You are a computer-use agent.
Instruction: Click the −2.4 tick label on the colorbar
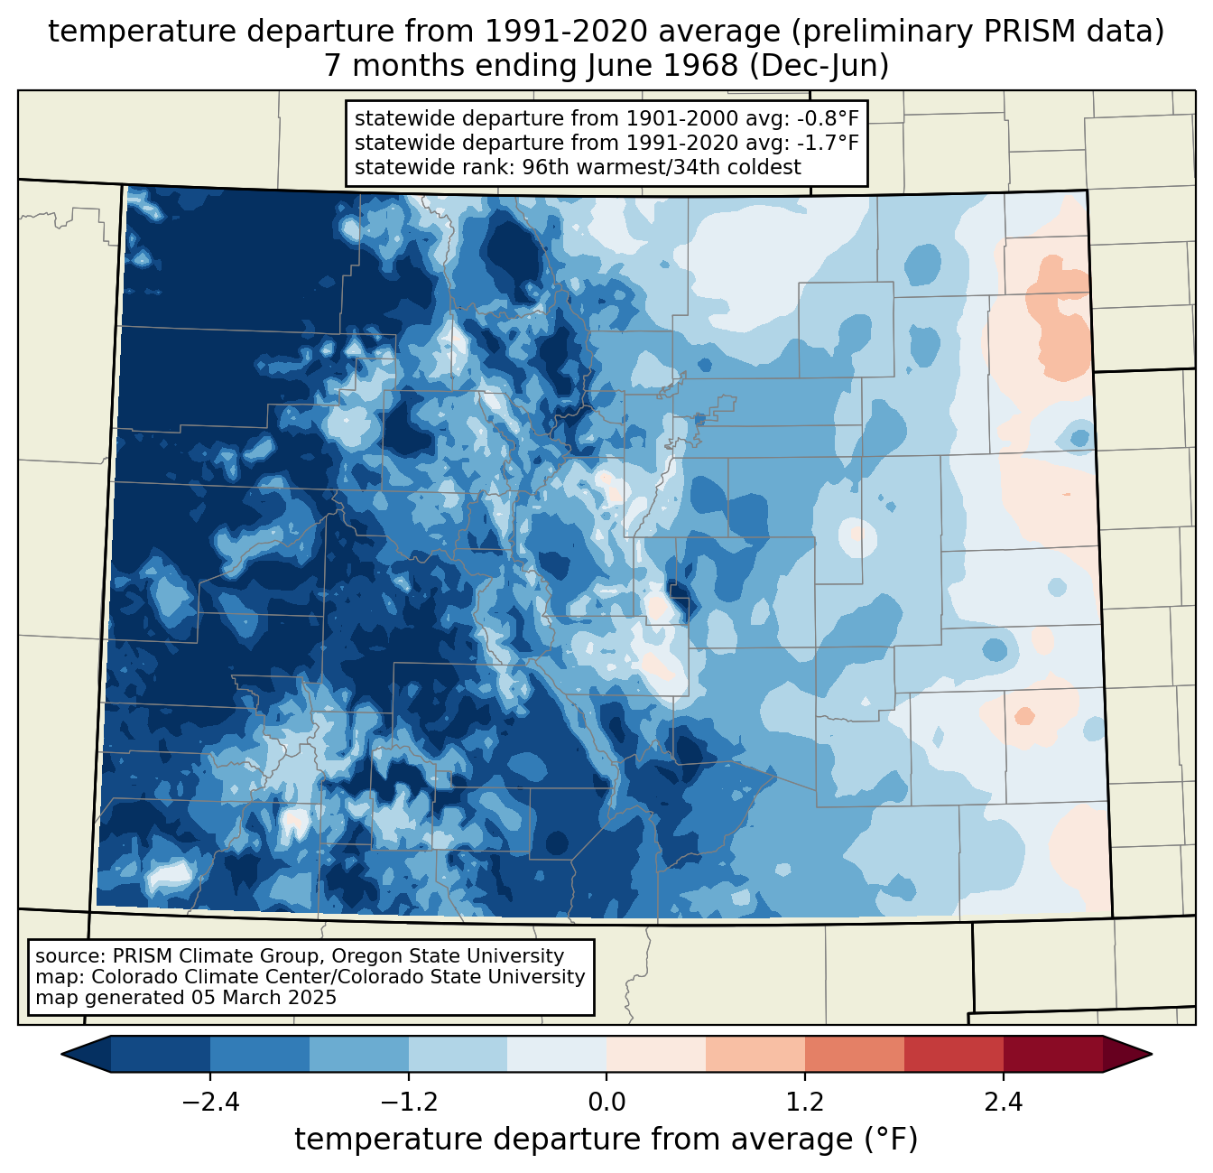(x=210, y=1103)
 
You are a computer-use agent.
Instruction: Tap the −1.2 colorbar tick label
(x=408, y=1103)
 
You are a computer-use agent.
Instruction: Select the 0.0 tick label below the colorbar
(x=606, y=1103)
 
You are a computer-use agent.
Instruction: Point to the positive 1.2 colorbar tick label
(x=805, y=1103)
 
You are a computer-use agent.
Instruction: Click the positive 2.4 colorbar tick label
(x=1004, y=1103)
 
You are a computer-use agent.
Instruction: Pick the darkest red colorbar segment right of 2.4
(x=1052, y=1054)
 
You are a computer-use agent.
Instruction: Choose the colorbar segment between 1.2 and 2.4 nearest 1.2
(x=854, y=1054)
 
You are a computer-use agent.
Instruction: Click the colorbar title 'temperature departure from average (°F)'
(x=606, y=1140)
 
